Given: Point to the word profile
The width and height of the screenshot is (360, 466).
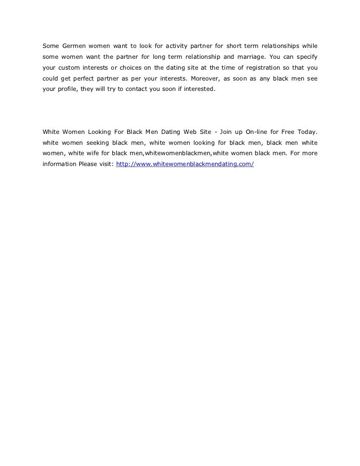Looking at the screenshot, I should point(67,90).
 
